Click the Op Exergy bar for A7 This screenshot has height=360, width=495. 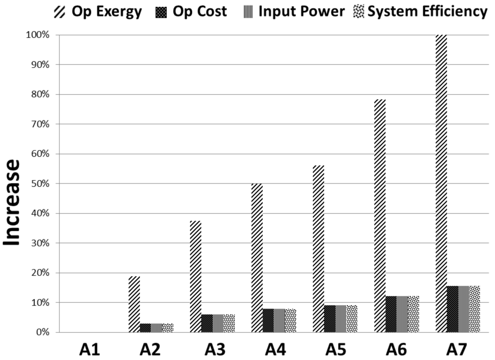(x=441, y=183)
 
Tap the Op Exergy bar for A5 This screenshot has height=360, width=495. (x=318, y=249)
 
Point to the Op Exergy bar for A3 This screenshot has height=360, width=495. (x=195, y=276)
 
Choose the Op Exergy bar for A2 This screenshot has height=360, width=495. (x=134, y=304)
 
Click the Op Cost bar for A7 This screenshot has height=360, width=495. (x=452, y=309)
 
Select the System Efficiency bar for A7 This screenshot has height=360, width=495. (x=475, y=309)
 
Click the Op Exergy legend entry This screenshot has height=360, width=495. (x=97, y=12)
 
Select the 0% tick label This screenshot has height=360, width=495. (x=44, y=332)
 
